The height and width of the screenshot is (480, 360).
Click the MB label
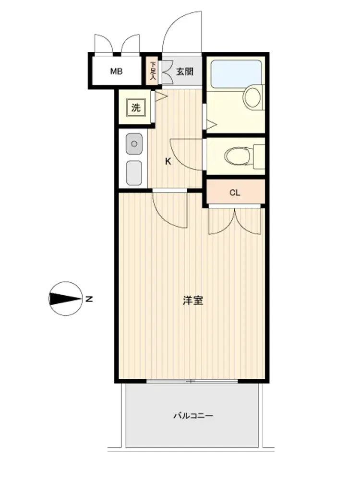116,72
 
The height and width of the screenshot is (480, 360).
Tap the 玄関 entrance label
185,72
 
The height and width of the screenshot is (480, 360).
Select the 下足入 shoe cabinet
152,71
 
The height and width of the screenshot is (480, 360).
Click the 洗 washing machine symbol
136,108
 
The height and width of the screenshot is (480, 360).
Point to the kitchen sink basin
134,144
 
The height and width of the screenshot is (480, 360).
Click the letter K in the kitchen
168,161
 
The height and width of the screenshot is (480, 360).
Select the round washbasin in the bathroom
252,97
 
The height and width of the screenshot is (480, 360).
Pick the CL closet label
235,192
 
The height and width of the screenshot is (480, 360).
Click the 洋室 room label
193,300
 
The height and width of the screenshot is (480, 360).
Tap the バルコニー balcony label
193,416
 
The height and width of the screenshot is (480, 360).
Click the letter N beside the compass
89,299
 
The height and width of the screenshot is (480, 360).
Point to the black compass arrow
65,299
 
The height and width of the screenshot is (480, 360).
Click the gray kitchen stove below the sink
134,173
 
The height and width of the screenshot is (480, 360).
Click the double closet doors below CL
235,221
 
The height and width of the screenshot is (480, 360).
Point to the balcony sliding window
192,381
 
